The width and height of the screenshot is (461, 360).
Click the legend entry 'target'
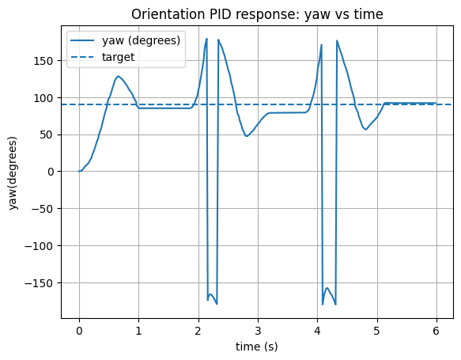(119, 57)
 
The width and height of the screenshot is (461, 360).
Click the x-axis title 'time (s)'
(256, 347)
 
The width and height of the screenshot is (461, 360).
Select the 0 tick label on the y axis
(50, 172)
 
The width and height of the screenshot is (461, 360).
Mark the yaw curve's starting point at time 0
(79, 171)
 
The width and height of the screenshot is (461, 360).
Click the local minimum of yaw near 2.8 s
(247, 136)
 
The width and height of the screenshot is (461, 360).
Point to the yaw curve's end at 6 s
(436, 103)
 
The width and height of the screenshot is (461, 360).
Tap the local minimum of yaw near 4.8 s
(365, 129)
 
